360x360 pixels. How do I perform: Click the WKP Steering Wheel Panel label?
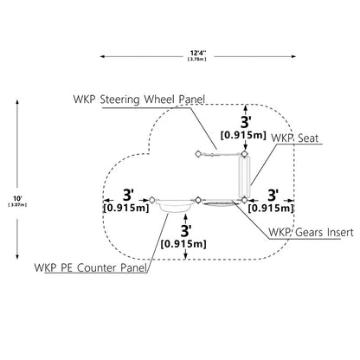(x=139, y=100)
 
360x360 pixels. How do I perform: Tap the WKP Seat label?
(x=295, y=138)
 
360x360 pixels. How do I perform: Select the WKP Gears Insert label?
(x=311, y=232)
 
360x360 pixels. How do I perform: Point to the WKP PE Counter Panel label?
(x=91, y=267)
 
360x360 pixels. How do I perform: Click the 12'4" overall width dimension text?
(x=198, y=53)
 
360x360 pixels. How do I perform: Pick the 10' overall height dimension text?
(x=17, y=198)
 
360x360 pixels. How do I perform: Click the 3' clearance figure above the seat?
(x=245, y=122)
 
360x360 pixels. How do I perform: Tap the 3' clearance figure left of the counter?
(x=128, y=195)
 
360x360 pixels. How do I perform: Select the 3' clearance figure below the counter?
(x=186, y=230)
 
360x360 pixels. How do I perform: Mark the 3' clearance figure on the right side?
(x=273, y=196)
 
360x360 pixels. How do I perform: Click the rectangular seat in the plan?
(x=245, y=177)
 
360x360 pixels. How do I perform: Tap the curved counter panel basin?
(x=175, y=206)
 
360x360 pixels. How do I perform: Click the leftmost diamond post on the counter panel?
(x=152, y=200)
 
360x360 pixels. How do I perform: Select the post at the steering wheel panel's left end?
(x=198, y=154)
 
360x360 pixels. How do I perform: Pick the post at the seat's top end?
(x=245, y=154)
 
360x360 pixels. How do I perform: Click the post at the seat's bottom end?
(x=245, y=200)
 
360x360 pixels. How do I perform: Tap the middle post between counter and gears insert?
(x=198, y=200)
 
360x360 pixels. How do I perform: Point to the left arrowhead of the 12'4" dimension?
(x=102, y=56)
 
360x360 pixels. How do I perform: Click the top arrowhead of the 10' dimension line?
(x=17, y=102)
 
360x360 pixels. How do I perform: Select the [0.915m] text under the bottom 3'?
(x=183, y=244)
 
